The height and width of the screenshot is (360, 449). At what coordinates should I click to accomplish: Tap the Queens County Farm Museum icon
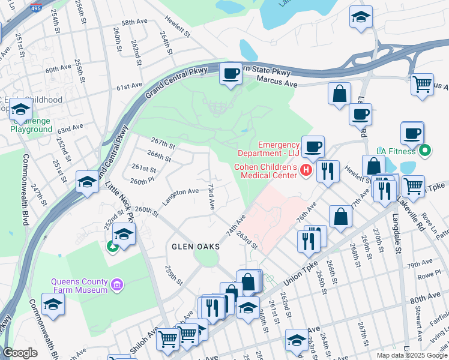coord(118,284)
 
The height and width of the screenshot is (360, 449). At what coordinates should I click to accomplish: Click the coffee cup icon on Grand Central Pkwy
coord(231,74)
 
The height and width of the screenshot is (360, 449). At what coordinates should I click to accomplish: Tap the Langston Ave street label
coord(182,191)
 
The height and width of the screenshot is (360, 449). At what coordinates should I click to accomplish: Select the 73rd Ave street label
coord(211,196)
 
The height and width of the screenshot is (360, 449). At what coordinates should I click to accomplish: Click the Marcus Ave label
coord(277,79)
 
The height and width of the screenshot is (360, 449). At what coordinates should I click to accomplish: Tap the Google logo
coord(20,353)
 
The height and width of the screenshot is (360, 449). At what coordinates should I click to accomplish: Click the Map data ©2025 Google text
coord(412,355)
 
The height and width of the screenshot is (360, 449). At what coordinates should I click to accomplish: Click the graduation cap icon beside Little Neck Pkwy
coord(87,182)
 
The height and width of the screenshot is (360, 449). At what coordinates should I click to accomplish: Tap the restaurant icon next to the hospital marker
coord(328,171)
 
